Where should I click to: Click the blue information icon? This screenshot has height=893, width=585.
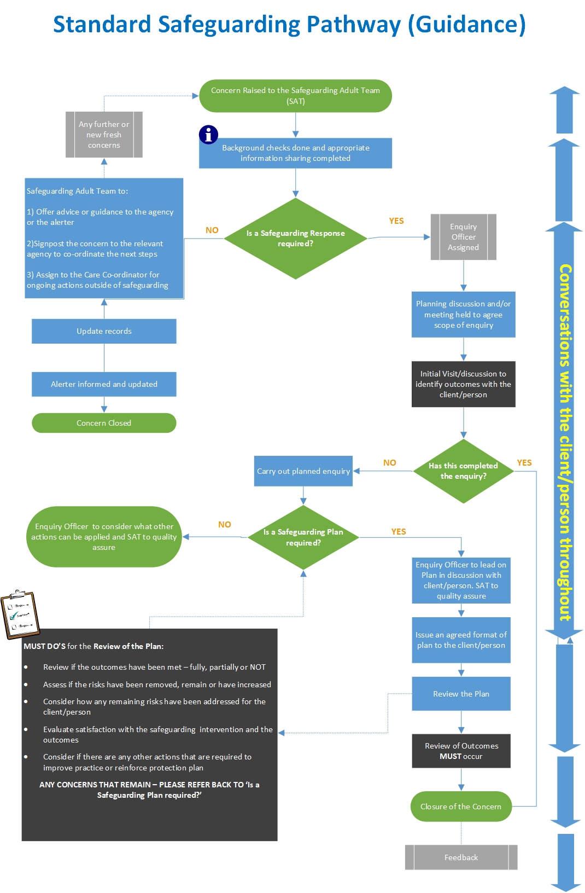click(208, 134)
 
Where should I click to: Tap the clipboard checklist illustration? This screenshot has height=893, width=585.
click(20, 614)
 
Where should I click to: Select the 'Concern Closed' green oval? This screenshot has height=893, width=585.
click(104, 423)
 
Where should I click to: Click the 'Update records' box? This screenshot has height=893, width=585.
click(104, 331)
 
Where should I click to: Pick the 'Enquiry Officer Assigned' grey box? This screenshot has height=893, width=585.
click(463, 237)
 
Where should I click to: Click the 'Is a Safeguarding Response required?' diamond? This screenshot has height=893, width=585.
click(295, 239)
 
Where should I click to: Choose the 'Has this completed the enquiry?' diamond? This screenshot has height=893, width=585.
click(463, 471)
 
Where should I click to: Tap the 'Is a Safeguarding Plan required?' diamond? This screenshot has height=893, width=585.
click(303, 537)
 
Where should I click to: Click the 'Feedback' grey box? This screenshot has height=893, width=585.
click(461, 857)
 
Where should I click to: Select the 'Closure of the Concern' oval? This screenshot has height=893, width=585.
click(461, 807)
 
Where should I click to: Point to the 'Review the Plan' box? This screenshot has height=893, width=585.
click(461, 694)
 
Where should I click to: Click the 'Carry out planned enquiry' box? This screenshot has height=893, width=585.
click(303, 471)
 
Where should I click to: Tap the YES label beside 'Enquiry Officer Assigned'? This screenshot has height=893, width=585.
click(396, 221)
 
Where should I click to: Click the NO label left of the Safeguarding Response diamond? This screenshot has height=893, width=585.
click(212, 230)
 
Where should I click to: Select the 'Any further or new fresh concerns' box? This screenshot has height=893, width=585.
click(104, 135)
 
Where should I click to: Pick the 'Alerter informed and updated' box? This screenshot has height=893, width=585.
click(104, 384)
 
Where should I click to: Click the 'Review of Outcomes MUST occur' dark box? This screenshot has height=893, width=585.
click(461, 751)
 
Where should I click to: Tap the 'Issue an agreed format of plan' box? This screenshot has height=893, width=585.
click(461, 640)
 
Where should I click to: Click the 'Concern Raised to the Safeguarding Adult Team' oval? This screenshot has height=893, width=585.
click(295, 96)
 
